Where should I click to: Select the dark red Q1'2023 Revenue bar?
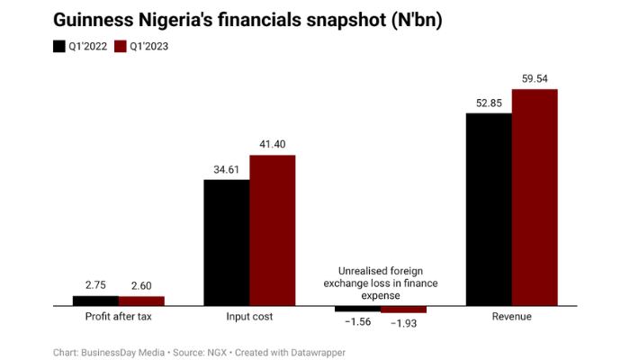click(535, 198)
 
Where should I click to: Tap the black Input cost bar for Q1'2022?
click(226, 243)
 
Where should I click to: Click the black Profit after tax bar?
click(95, 301)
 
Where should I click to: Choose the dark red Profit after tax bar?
click(141, 301)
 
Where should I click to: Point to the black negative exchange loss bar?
click(357, 310)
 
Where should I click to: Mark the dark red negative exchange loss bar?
click(403, 310)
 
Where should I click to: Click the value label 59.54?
click(535, 78)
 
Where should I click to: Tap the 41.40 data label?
click(272, 144)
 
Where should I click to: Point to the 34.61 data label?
click(226, 168)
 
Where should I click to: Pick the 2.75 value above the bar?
click(95, 284)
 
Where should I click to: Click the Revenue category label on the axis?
click(511, 317)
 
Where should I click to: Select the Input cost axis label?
click(249, 317)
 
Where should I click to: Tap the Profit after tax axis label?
click(118, 317)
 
